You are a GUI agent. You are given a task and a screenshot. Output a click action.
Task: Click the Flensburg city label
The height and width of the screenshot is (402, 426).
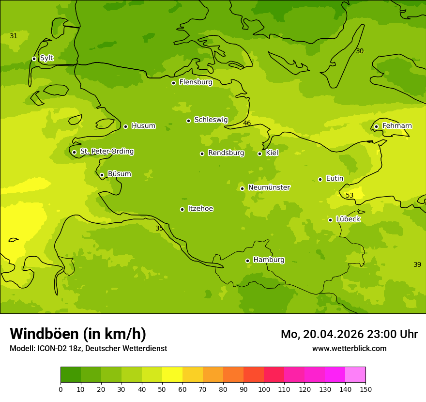coord(196,82)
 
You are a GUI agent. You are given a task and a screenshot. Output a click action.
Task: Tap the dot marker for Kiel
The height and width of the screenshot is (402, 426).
coord(259,154)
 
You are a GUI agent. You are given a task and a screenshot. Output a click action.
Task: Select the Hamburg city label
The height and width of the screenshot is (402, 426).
coord(269,260)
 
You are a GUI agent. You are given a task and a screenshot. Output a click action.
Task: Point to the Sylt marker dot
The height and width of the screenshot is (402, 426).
coord(34,59)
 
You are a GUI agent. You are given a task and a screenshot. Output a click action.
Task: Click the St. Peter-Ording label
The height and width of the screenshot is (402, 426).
coord(106,152)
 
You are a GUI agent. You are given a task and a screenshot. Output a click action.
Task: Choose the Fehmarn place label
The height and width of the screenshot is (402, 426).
coord(397,126)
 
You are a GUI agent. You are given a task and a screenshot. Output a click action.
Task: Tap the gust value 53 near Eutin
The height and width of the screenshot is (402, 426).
coord(350,195)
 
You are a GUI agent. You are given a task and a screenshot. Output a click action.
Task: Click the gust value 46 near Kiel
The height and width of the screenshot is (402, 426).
coord(247,124)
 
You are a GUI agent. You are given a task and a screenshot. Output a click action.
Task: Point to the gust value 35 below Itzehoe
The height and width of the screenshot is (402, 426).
coord(159,228)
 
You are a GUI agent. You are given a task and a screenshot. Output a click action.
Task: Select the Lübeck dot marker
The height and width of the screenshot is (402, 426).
coord(330,220)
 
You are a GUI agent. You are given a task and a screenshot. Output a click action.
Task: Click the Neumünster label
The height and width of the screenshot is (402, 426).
coord(269,187)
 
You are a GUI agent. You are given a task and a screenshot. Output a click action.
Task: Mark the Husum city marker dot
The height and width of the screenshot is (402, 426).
coord(125,126)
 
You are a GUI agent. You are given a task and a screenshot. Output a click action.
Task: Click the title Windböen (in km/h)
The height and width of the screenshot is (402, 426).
coord(78,334)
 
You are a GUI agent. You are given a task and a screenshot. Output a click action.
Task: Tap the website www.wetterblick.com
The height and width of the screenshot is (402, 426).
coord(349,349)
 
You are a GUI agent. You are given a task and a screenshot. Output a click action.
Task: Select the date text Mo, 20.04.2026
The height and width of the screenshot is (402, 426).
coord(322,334)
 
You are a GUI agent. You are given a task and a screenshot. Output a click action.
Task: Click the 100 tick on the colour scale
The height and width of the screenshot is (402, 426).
coord(264,389)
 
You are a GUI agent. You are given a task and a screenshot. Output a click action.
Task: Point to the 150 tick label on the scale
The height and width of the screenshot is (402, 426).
coord(365,389)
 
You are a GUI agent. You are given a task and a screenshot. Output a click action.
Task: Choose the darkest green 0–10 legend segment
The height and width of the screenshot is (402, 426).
coord(71,375)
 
